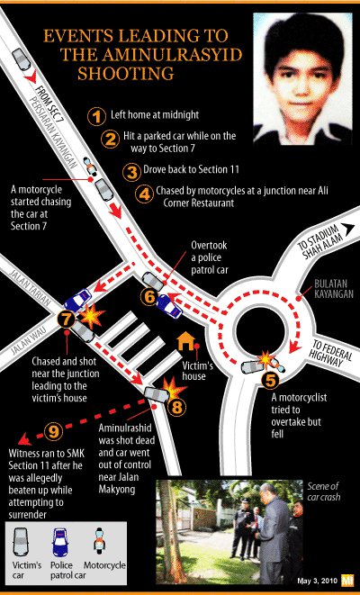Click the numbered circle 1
[x=97, y=116]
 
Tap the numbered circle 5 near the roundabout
[x=270, y=380]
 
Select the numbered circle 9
[x=54, y=430]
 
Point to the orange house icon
[x=186, y=340]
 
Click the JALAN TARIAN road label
[x=30, y=288]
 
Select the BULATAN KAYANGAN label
[x=333, y=289]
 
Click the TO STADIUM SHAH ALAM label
[x=319, y=242]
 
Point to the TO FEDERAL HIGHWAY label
[x=331, y=354]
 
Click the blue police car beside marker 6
[x=169, y=305]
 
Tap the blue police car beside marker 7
[x=77, y=301]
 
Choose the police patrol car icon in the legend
[x=59, y=542]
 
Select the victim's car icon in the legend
[x=21, y=542]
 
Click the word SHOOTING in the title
[x=126, y=73]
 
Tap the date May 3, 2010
[x=317, y=581]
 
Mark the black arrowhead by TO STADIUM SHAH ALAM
[x=347, y=228]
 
